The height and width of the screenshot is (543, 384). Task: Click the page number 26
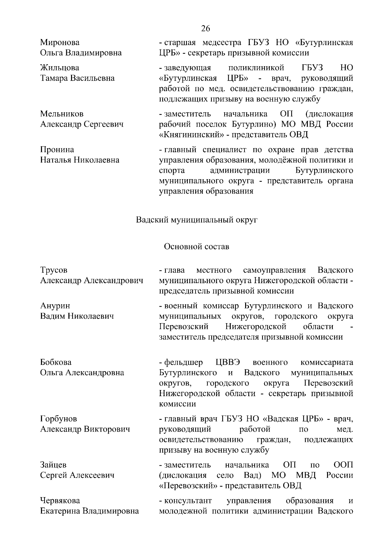click(205, 29)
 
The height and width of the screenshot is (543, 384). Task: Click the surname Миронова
click(60, 43)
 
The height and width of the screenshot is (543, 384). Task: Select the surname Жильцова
click(60, 68)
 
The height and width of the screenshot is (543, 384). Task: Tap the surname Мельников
click(62, 114)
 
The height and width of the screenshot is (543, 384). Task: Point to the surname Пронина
click(57, 150)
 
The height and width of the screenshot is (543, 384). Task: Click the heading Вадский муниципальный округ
click(196, 220)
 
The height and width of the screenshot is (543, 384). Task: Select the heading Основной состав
click(196, 247)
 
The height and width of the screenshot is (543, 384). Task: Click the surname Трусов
click(54, 270)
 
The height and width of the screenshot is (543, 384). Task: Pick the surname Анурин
click(55, 306)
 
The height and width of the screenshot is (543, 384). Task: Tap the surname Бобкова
click(56, 363)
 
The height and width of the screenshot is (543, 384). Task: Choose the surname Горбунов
click(59, 419)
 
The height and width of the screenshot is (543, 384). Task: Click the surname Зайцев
click(53, 465)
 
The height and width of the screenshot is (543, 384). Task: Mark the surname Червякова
click(60, 500)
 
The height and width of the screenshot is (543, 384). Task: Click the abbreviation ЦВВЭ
click(228, 363)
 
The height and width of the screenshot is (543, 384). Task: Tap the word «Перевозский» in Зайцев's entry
click(191, 486)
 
